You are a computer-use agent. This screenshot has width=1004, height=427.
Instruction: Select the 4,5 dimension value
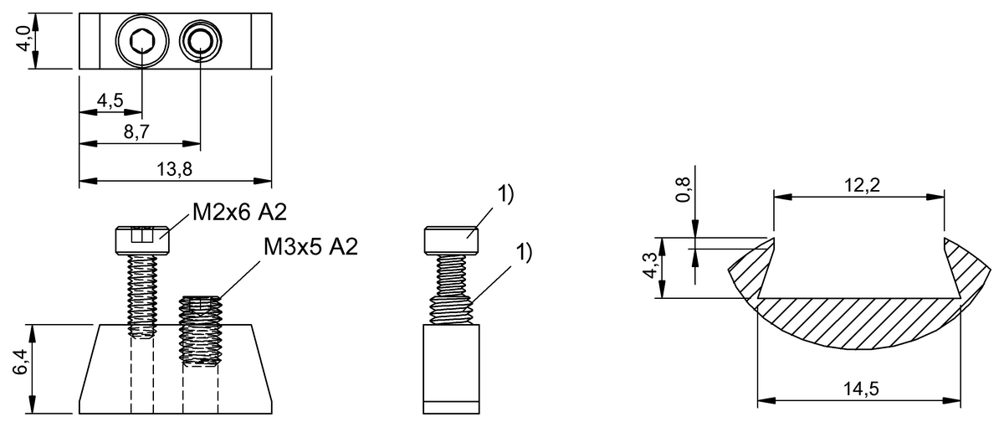pyautogui.click(x=110, y=101)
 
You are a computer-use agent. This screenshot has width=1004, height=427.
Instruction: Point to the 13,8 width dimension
pyautogui.click(x=175, y=169)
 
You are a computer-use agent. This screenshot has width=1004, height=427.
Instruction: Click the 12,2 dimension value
pyautogui.click(x=859, y=186)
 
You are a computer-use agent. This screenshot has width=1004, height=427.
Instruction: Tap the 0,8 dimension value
pyautogui.click(x=684, y=190)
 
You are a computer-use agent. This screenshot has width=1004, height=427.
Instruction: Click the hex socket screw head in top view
pyautogui.click(x=141, y=41)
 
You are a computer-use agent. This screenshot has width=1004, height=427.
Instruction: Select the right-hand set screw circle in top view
pyautogui.click(x=201, y=41)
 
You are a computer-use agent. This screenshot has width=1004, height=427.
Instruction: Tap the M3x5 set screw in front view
pyautogui.click(x=200, y=331)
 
